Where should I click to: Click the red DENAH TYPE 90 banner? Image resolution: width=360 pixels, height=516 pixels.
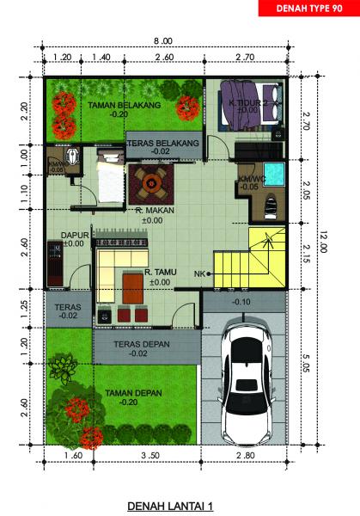[x=308, y=9]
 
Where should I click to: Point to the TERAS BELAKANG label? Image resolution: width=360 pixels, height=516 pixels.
[x=162, y=142]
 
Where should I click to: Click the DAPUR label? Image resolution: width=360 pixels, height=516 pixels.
[x=72, y=234]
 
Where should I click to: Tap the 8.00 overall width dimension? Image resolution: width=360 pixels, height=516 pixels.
[x=162, y=41]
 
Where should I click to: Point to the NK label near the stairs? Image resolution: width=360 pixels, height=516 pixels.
[x=199, y=273]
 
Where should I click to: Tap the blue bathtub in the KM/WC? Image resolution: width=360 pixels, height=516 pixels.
[x=273, y=173]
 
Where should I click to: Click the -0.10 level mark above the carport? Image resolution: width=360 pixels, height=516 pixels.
[x=241, y=302]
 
